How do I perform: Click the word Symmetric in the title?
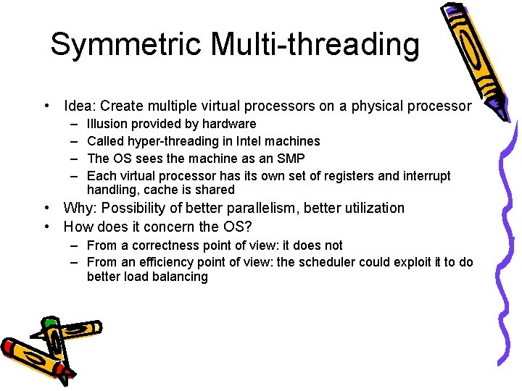127,45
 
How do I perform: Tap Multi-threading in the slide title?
315,45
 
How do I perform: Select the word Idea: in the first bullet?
82,106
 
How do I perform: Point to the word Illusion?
107,124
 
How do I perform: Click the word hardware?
229,124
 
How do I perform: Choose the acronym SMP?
291,159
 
